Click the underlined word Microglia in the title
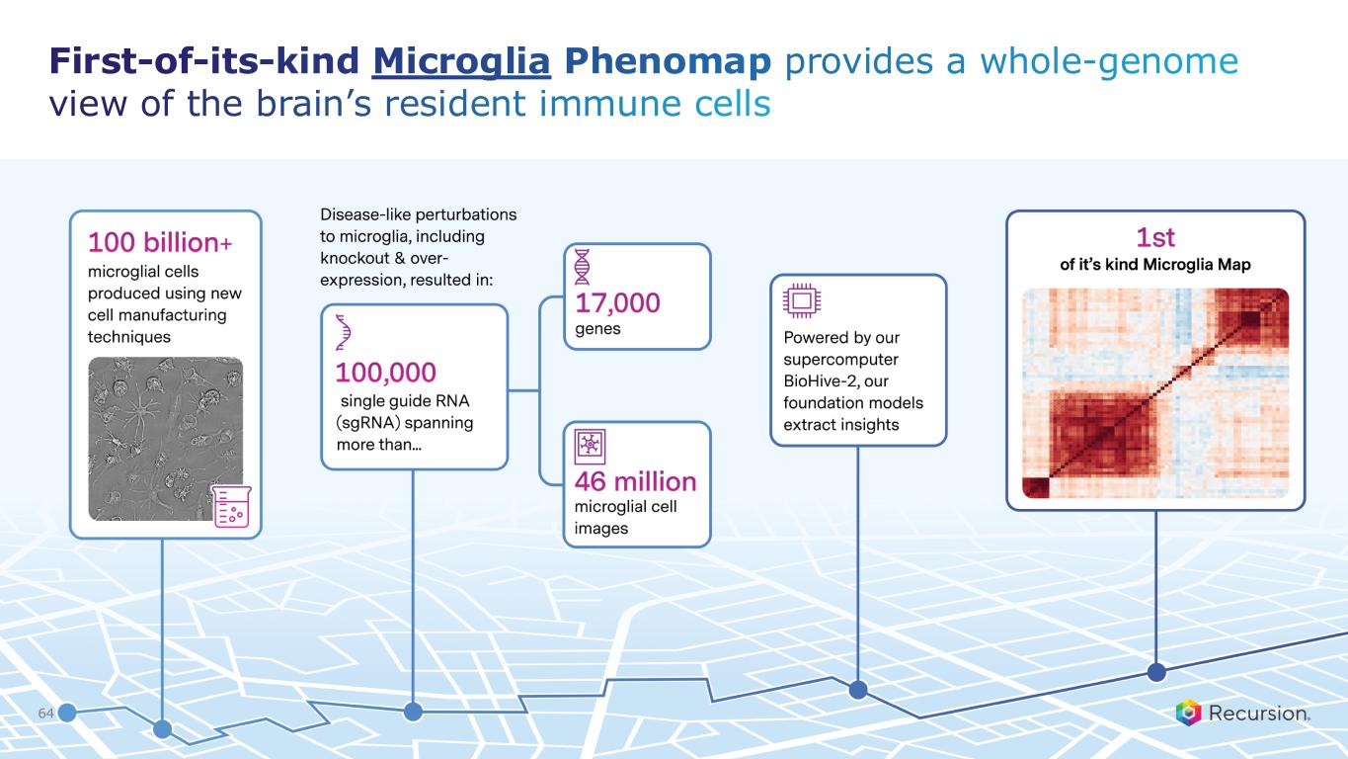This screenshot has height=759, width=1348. [461, 62]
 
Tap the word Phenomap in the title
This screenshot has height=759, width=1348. [668, 62]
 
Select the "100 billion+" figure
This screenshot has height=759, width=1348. [160, 242]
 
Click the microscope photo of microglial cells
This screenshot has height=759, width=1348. [166, 439]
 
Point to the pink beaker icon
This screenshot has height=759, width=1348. [232, 506]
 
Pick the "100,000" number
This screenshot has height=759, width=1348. [386, 373]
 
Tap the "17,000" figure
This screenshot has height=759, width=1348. [617, 303]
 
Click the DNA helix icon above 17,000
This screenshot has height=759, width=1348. [582, 266]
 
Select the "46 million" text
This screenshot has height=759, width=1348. [636, 481]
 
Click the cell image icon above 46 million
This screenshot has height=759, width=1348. [590, 447]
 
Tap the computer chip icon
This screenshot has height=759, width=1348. [802, 300]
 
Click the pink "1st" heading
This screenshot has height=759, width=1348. [1154, 237]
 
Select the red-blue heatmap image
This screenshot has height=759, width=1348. [1155, 392]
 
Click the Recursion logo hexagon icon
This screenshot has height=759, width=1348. [1189, 713]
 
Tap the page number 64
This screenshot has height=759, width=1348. [45, 714]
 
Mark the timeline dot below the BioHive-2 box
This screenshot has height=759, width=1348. [858, 690]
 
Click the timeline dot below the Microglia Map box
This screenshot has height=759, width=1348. [1156, 672]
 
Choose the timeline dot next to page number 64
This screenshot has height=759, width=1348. [67, 714]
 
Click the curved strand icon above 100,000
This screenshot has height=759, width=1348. [343, 332]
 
